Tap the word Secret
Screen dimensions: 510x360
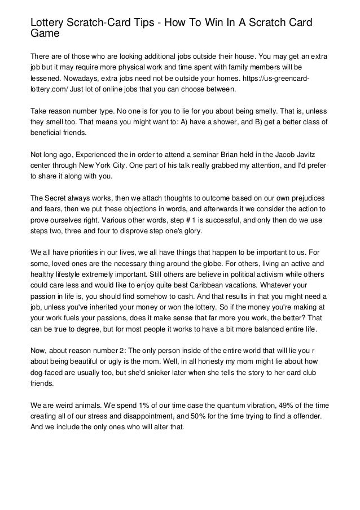(x=58, y=199)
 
